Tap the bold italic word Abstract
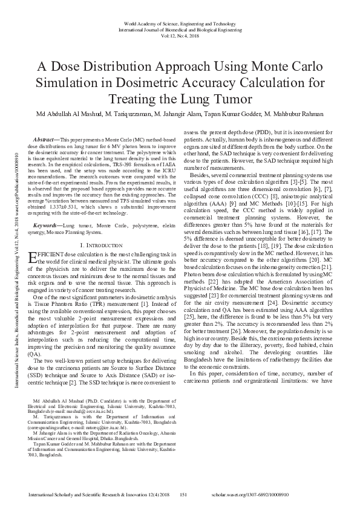click(x=46, y=138)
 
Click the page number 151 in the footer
click(x=185, y=494)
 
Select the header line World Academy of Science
click(x=180, y=21)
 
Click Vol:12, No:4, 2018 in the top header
click(x=180, y=35)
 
